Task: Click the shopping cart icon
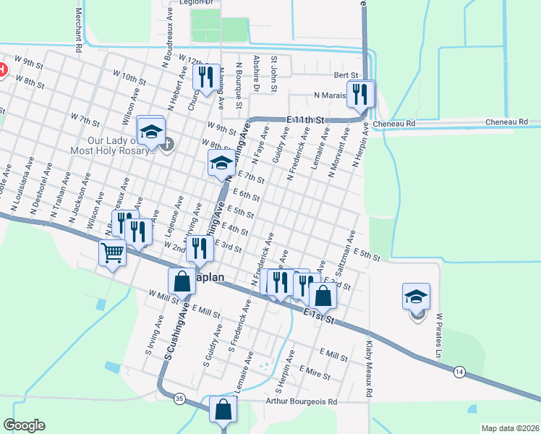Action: (x=112, y=253)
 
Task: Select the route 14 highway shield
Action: (x=459, y=371)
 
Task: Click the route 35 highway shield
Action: (x=179, y=397)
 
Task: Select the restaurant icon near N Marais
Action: (x=359, y=93)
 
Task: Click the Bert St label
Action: (x=346, y=75)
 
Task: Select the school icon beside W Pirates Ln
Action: (x=416, y=296)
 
